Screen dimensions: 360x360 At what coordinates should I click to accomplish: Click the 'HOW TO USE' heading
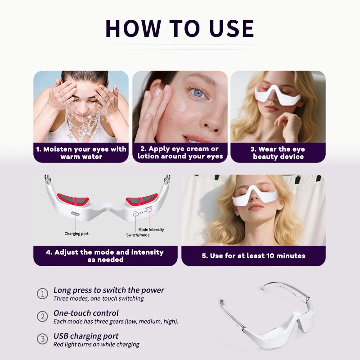(x=180, y=28)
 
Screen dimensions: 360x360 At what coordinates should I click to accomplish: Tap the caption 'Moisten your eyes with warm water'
(x=81, y=153)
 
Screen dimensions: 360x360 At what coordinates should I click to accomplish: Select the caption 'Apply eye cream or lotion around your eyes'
(x=180, y=153)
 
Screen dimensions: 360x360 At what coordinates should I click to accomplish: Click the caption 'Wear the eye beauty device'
(x=278, y=153)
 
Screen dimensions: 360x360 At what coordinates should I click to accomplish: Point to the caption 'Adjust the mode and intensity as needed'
(x=105, y=256)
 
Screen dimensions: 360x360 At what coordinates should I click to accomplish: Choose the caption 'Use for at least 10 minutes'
(x=253, y=256)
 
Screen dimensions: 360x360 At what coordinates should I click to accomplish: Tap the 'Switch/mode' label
(x=137, y=235)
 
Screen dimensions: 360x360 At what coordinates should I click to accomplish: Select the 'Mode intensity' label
(x=151, y=229)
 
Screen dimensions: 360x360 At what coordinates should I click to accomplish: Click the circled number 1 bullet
(x=42, y=294)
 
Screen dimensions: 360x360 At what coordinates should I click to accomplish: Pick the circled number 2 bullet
(x=42, y=316)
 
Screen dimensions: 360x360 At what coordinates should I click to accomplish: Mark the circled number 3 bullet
(x=42, y=339)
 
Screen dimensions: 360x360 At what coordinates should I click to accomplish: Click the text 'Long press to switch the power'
(x=109, y=290)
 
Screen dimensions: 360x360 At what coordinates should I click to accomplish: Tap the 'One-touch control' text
(x=86, y=313)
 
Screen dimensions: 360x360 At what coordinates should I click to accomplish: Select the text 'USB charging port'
(x=86, y=336)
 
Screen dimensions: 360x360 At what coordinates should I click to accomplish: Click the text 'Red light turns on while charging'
(x=96, y=345)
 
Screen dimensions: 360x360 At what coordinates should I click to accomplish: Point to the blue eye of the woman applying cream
(x=198, y=93)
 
